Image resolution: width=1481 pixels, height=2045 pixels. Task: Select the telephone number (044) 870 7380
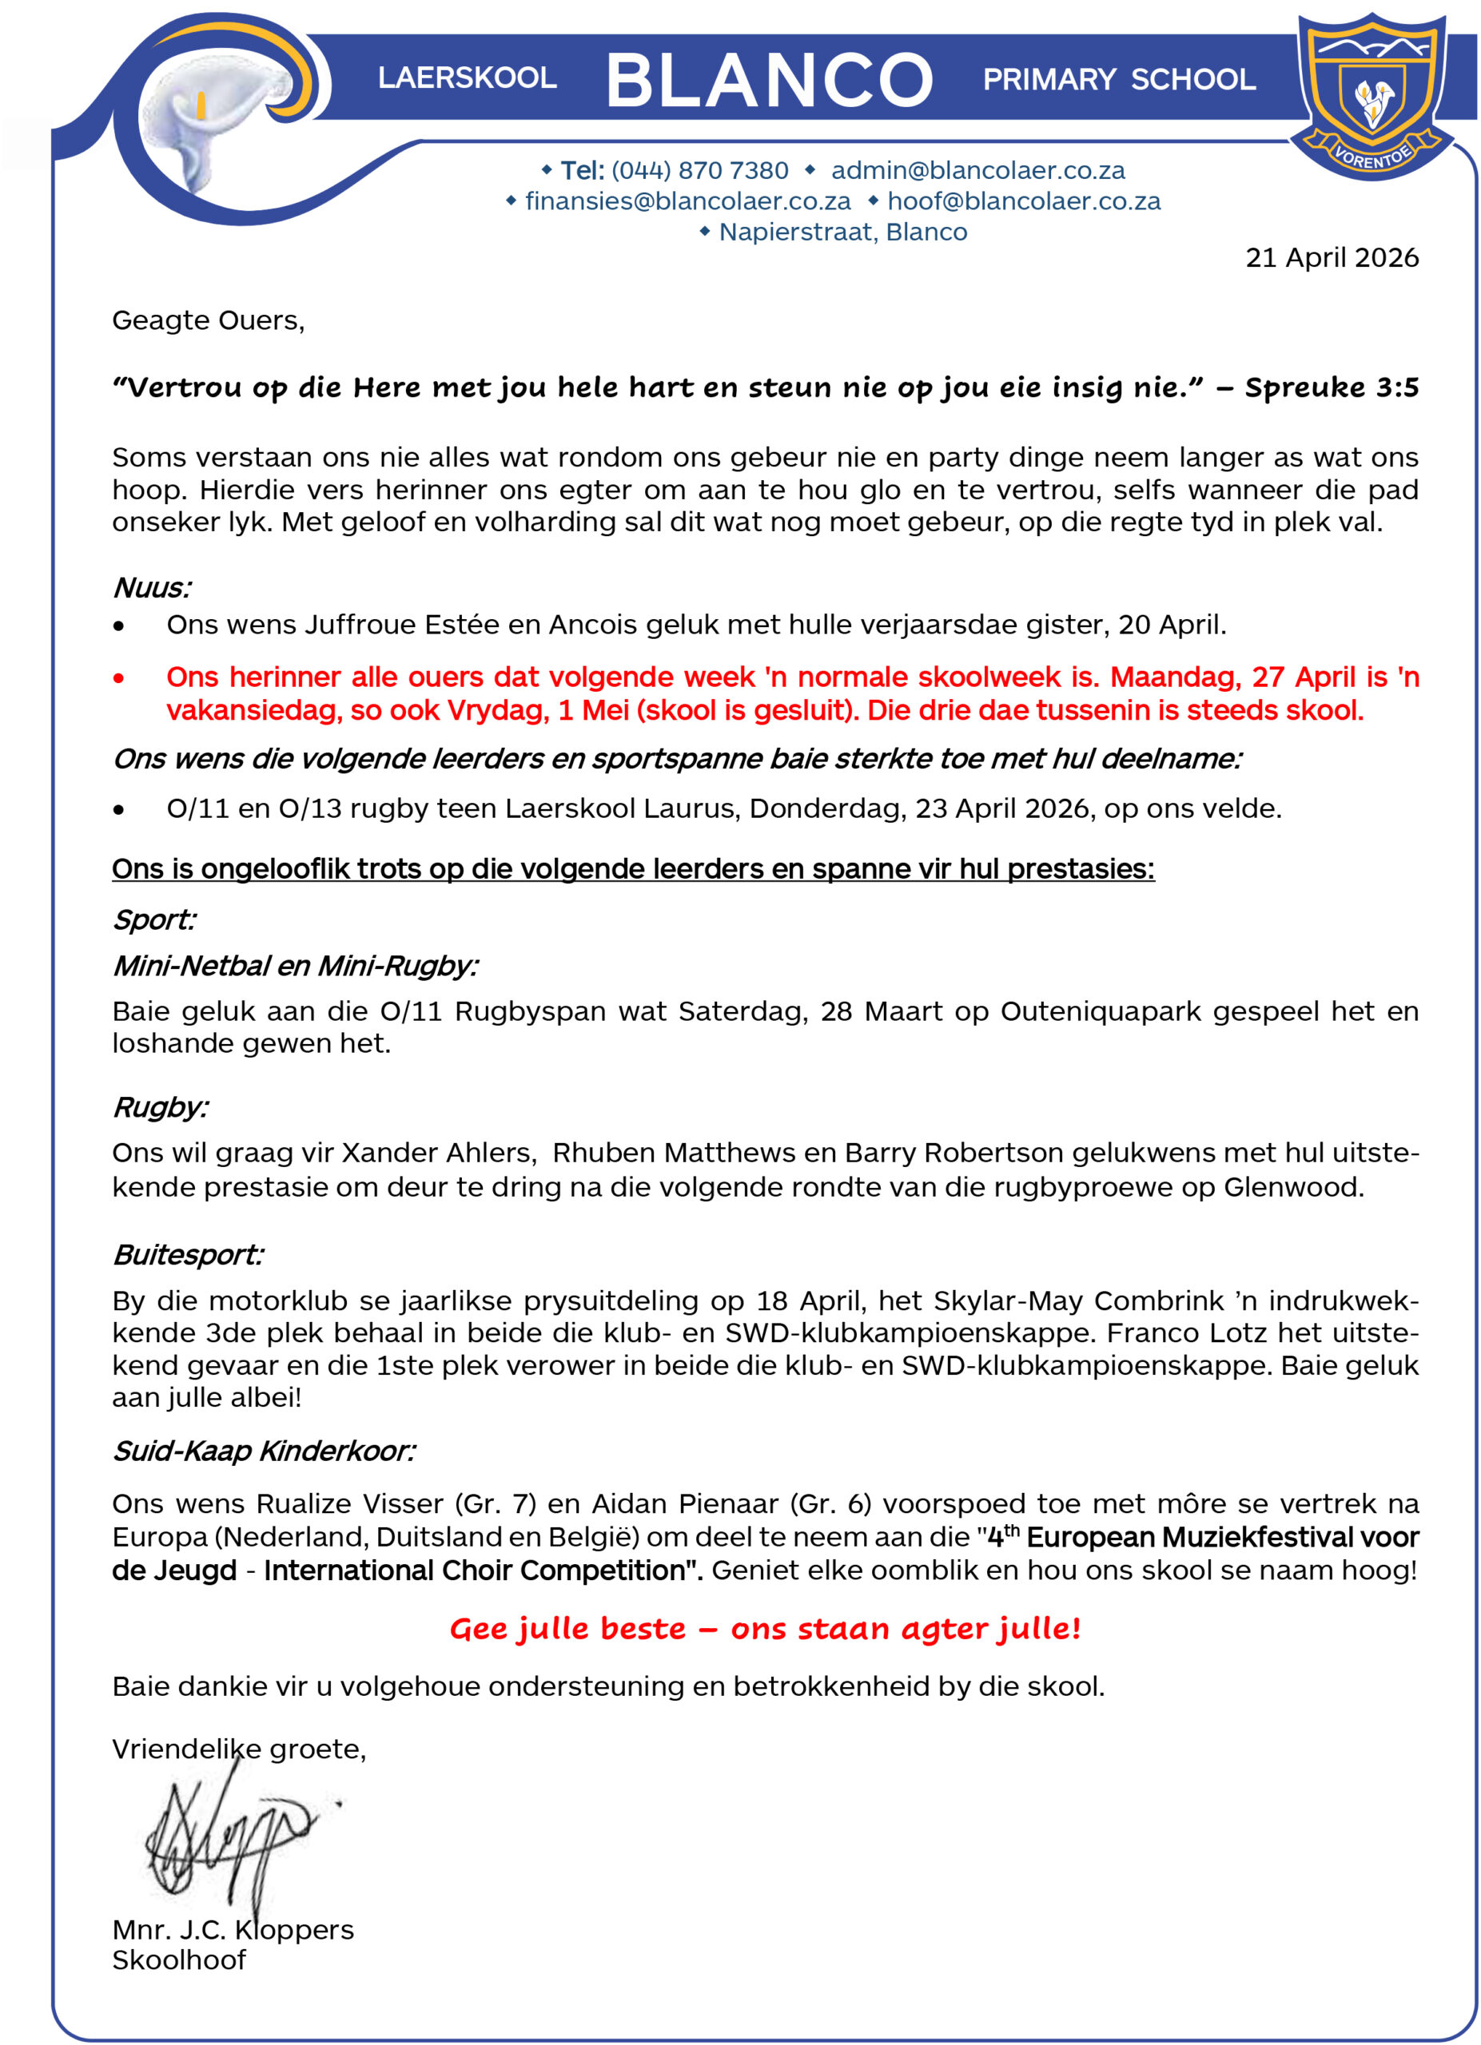(700, 170)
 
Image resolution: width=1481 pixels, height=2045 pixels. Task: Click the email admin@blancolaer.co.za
(977, 170)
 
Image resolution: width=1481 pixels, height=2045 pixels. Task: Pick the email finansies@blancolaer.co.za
(687, 201)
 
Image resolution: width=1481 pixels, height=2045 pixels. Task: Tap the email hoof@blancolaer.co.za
(1024, 201)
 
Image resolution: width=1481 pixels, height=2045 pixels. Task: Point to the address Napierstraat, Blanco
(842, 232)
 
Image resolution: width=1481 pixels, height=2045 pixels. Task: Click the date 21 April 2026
(1332, 258)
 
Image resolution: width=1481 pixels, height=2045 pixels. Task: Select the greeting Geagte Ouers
(209, 320)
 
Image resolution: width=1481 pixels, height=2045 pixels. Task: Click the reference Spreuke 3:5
(1332, 387)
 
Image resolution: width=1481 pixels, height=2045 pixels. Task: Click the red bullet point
(119, 677)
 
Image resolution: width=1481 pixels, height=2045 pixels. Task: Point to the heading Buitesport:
(188, 1254)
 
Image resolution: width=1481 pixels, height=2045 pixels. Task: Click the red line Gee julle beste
(765, 1629)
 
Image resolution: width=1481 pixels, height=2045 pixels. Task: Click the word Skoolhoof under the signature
(178, 1960)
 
